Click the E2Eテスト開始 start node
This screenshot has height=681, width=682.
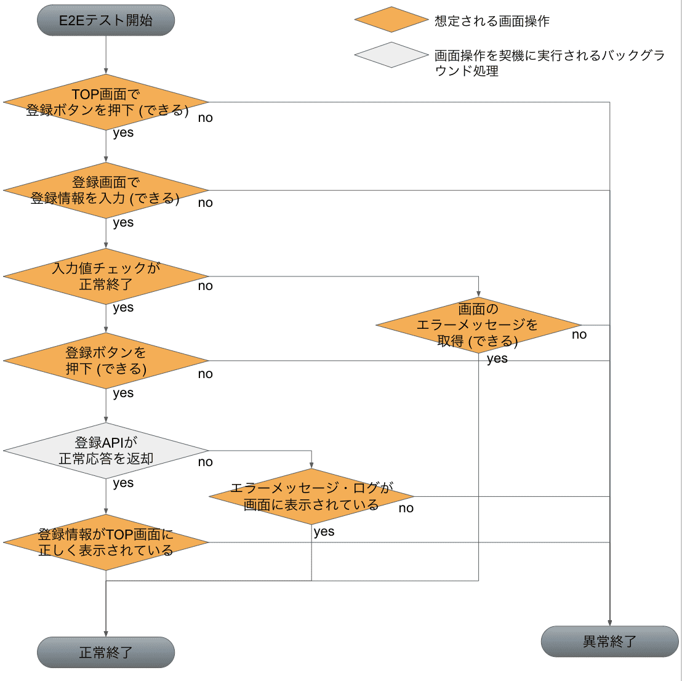(x=106, y=20)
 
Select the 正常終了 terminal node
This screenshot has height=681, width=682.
(x=106, y=652)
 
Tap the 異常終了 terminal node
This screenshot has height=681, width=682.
(x=609, y=641)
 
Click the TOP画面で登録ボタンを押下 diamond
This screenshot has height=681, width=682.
(x=106, y=102)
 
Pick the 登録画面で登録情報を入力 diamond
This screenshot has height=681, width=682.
(x=106, y=190)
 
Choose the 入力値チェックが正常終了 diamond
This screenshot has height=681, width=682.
(x=106, y=276)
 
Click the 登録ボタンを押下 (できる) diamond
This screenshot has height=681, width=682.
(x=106, y=361)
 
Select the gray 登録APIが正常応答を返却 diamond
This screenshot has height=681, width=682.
(x=106, y=450)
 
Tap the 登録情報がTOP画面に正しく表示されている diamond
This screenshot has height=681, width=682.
(x=106, y=542)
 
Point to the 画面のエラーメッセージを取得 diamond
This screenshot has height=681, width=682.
(x=478, y=325)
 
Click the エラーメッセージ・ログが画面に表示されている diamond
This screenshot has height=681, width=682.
(x=311, y=496)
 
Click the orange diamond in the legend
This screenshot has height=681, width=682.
(x=391, y=20)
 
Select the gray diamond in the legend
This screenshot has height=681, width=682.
(x=391, y=55)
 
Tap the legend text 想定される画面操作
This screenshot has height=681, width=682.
(x=492, y=21)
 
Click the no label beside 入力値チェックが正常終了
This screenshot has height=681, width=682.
(x=206, y=286)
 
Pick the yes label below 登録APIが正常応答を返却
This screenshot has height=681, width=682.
(x=123, y=483)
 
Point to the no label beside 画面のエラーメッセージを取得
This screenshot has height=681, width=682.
(x=579, y=334)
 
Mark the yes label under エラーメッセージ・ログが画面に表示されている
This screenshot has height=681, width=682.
(x=324, y=532)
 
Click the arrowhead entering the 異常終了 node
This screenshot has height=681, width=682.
(x=610, y=623)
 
